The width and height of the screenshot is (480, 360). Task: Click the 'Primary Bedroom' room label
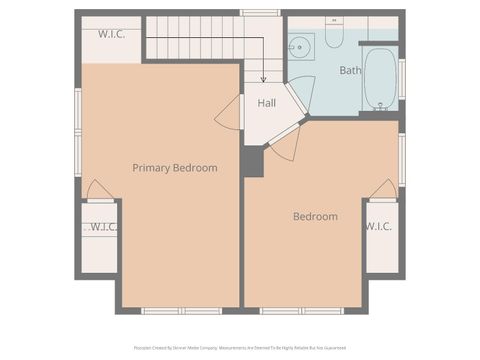[x=175, y=168]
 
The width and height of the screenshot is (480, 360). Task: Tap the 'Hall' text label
[x=267, y=103]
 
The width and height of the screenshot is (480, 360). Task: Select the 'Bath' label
[x=350, y=71]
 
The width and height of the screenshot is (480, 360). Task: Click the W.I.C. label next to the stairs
[x=111, y=34]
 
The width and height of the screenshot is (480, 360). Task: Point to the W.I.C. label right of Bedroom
[x=378, y=227]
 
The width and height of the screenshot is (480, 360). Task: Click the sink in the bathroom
[x=300, y=46]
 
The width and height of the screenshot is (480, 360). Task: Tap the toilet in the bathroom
[x=334, y=34]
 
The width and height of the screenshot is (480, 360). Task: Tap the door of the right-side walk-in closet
[x=382, y=189]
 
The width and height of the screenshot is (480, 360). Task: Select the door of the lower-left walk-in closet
[x=99, y=190]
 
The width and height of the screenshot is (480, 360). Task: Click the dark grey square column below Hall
[x=252, y=162]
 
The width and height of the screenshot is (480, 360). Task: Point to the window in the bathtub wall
[x=402, y=78]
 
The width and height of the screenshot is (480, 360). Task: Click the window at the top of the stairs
[x=260, y=13]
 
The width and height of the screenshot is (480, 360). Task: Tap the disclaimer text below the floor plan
[x=240, y=349]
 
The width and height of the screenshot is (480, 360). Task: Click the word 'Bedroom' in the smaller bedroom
[x=315, y=217]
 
